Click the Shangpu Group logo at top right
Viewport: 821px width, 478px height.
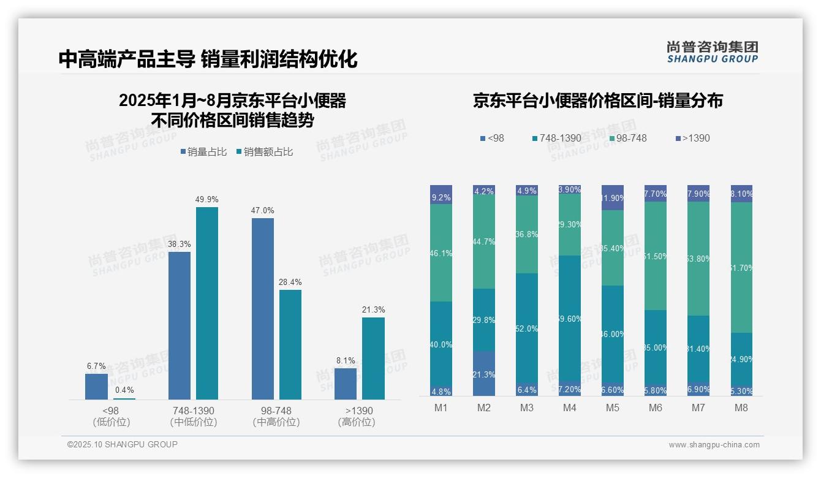(x=712, y=52)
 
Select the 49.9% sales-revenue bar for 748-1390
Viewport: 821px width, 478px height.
(x=207, y=303)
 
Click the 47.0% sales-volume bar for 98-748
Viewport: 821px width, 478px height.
(x=262, y=309)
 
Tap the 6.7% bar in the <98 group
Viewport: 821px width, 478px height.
(x=96, y=387)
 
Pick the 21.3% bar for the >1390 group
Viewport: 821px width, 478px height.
(x=373, y=358)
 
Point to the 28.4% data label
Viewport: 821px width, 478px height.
(x=290, y=283)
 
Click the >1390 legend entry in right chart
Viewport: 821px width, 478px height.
(x=692, y=138)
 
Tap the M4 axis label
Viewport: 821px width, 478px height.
(x=570, y=408)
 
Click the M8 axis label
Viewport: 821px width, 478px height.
(x=741, y=408)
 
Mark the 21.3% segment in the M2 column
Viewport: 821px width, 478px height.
(x=484, y=374)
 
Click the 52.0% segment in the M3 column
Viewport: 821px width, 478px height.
(x=527, y=328)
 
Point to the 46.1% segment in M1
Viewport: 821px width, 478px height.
(x=441, y=252)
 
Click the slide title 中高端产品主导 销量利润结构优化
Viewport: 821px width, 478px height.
(x=208, y=59)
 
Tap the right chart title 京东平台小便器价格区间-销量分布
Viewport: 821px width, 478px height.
(x=597, y=101)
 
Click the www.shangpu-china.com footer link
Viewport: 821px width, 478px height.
(x=714, y=445)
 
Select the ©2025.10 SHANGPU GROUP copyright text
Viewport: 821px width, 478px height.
(x=123, y=445)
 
